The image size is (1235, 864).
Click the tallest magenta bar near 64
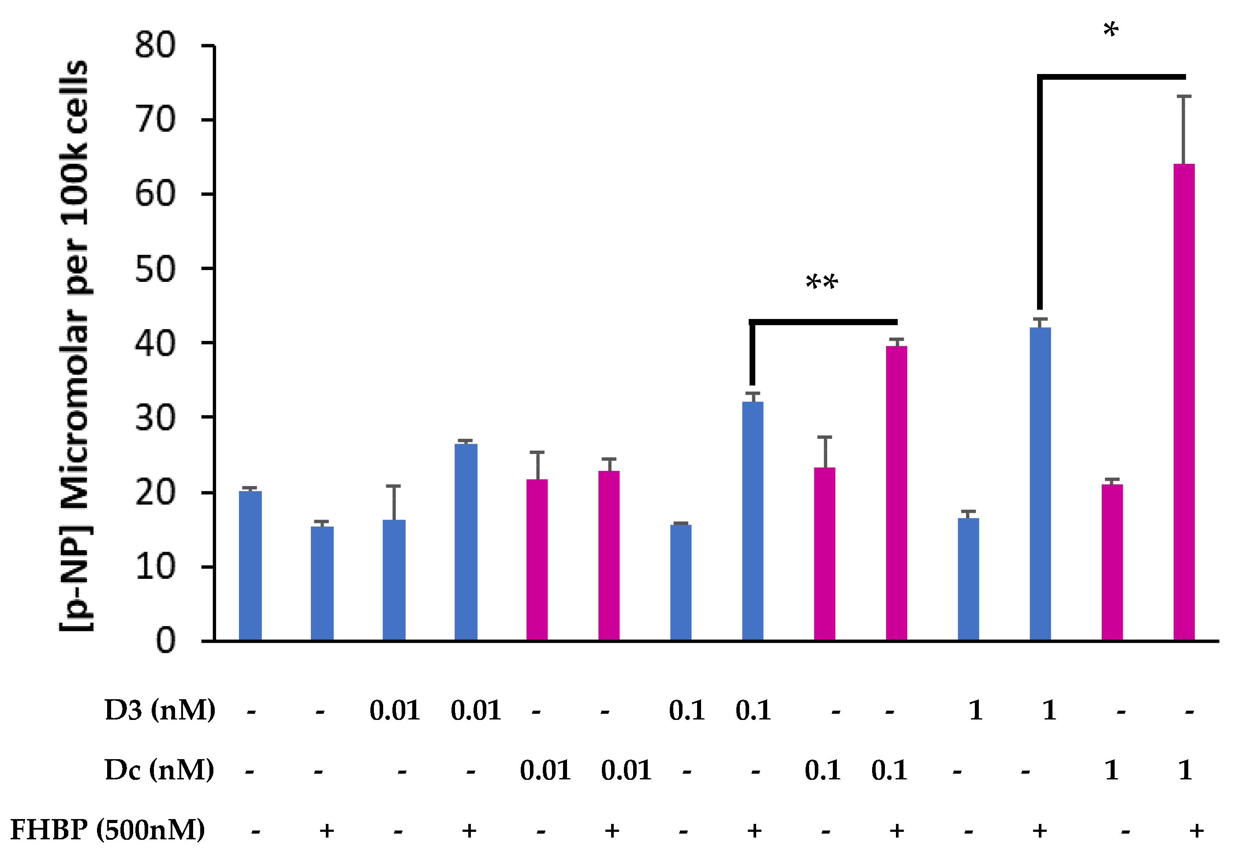coord(1183,403)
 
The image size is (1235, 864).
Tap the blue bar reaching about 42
coord(1040,484)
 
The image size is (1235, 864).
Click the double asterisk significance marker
coord(821,282)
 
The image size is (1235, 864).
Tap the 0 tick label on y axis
coord(166,641)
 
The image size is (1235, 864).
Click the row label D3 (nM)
coord(160,711)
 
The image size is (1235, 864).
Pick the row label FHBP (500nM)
coord(108,830)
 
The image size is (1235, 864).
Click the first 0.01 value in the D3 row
coord(394,711)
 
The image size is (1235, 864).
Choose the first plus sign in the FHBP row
coord(327,831)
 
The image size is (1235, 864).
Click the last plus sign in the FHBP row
coord(1196,831)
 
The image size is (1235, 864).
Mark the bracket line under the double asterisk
coord(823,322)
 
